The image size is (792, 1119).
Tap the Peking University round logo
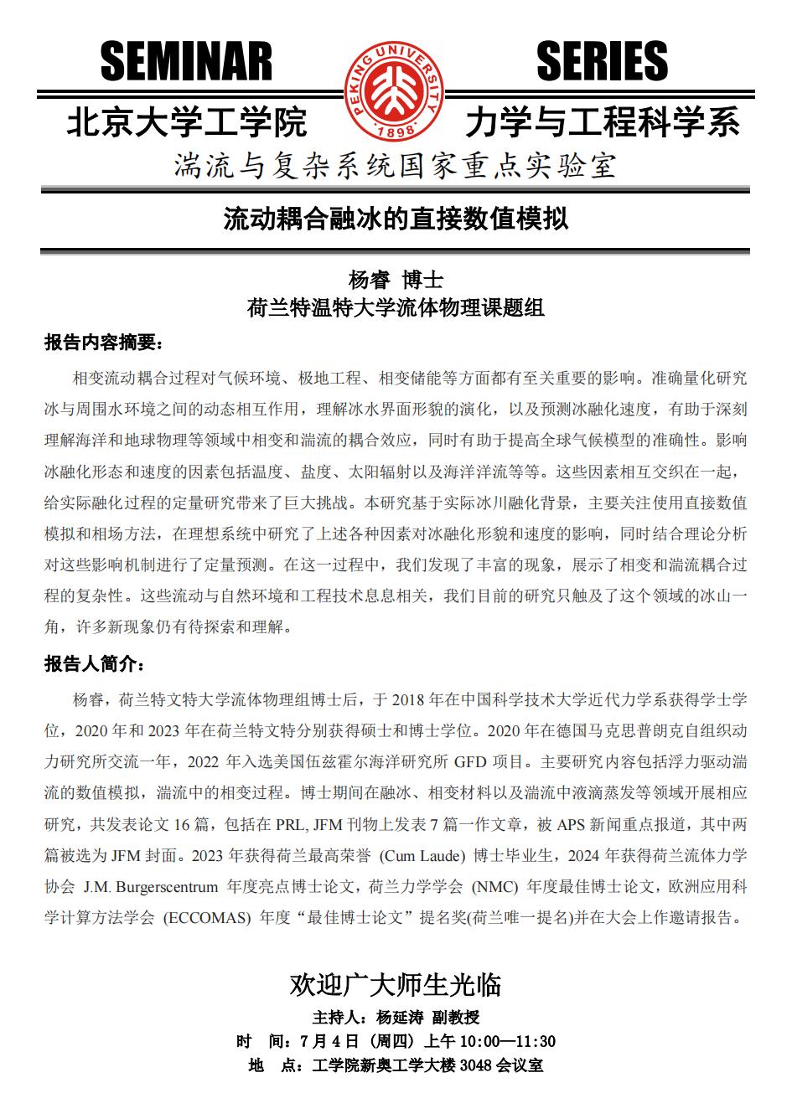click(x=394, y=90)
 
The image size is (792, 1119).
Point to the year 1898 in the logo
click(x=394, y=133)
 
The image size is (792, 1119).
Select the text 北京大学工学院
click(x=186, y=123)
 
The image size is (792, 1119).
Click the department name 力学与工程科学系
click(x=603, y=123)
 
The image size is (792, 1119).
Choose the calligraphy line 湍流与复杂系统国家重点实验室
click(x=395, y=166)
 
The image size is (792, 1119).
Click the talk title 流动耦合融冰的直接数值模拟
click(x=396, y=219)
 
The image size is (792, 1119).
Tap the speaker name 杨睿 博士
click(x=395, y=280)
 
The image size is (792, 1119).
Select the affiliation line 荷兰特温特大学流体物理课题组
click(x=395, y=308)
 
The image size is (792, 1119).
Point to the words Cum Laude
click(x=422, y=856)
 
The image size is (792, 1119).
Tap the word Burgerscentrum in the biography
click(x=170, y=886)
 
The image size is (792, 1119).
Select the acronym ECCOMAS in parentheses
click(x=207, y=917)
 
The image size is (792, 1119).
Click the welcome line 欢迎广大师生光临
click(x=395, y=985)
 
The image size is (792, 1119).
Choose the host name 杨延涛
click(x=400, y=1018)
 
